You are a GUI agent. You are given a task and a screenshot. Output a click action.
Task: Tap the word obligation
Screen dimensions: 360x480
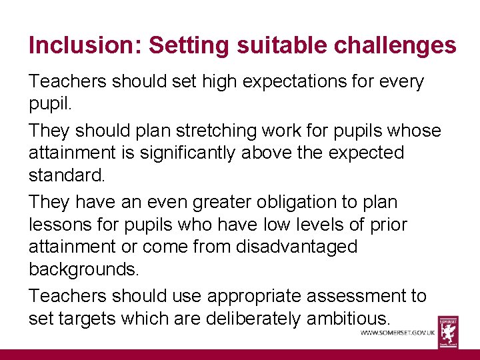tap(285, 201)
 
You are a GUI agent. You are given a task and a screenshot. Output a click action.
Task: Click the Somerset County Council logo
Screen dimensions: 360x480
tap(448, 331)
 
